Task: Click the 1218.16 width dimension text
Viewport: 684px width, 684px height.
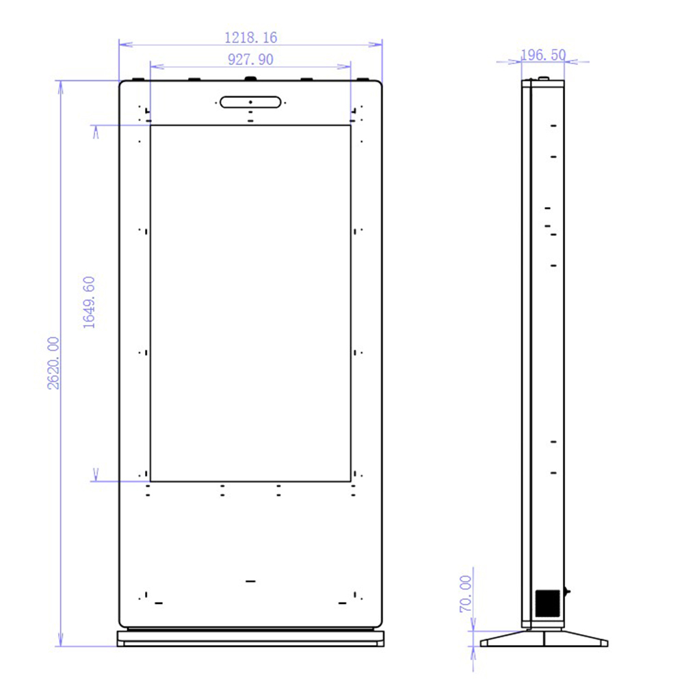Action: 250,38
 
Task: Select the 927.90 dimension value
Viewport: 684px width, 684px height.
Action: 250,60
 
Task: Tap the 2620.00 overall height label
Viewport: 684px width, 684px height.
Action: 54,363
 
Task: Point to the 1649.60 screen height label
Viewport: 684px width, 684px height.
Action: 90,302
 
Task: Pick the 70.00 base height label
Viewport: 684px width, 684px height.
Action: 466,594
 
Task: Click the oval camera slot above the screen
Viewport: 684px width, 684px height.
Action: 250,102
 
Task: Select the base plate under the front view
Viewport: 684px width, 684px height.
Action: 250,638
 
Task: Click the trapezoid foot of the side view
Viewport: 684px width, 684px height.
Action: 544,638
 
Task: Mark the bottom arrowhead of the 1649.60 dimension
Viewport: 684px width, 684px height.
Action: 96,475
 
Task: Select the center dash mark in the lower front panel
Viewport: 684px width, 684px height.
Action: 250,581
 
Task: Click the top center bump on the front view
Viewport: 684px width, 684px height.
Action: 250,79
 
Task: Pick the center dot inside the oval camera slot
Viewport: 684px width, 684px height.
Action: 250,102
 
